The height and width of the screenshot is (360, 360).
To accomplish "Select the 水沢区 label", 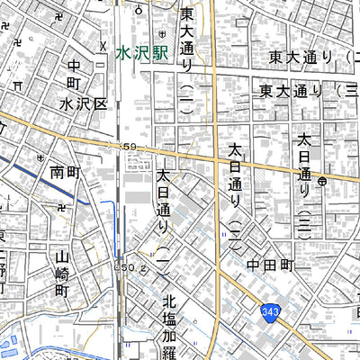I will [x=84, y=104].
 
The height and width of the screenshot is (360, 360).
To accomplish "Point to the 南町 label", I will [x=66, y=170].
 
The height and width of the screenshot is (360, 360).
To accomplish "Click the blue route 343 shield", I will [x=270, y=311].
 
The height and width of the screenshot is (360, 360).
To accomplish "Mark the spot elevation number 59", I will [x=130, y=146].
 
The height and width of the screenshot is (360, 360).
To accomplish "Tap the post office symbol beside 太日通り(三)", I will [x=322, y=180].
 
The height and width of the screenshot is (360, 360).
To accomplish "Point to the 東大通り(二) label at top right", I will [x=310, y=58].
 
